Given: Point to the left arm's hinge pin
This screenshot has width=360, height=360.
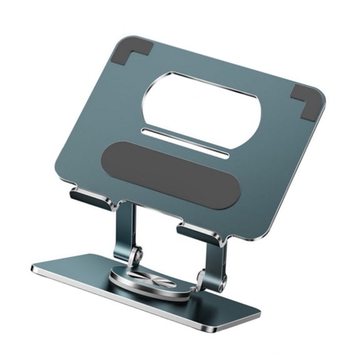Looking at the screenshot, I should tap(137, 254).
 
